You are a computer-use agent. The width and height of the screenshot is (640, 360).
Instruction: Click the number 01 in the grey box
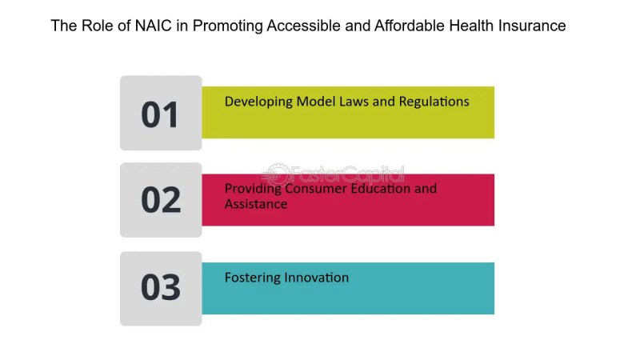tap(159, 114)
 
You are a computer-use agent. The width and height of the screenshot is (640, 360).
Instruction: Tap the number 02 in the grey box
tap(161, 199)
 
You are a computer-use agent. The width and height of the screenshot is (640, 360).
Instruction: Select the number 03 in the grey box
tap(161, 287)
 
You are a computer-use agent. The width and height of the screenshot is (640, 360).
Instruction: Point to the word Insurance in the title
tap(532, 26)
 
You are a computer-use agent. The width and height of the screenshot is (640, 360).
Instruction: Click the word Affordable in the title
tap(410, 26)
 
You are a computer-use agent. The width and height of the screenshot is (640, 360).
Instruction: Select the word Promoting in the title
tap(228, 26)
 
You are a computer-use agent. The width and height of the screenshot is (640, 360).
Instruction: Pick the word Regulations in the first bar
tap(434, 102)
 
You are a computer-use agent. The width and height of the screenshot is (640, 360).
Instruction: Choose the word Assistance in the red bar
tap(256, 204)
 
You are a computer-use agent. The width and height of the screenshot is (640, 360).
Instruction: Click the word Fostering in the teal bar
tap(252, 278)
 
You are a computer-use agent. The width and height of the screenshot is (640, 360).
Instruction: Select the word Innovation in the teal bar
tap(316, 278)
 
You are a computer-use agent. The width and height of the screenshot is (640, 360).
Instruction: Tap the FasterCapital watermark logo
tap(333, 174)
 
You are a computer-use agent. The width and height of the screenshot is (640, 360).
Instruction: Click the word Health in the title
tap(471, 26)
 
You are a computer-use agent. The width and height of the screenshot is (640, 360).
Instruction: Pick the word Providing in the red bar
tap(253, 190)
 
